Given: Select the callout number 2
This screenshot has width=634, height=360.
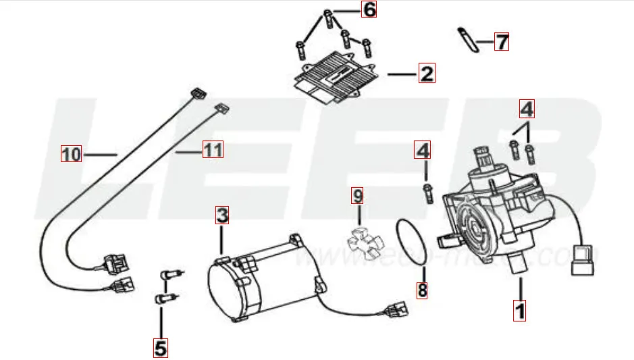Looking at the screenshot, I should [427, 73].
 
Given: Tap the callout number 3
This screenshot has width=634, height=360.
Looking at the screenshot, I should [223, 215].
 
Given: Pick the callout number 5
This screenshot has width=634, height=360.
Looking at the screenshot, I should [160, 348].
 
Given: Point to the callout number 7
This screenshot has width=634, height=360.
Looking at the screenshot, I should [500, 42].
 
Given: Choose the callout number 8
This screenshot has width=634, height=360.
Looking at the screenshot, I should [423, 291].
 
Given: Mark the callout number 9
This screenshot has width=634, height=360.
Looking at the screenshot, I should [358, 197].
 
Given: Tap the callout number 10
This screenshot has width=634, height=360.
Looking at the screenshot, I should [70, 155].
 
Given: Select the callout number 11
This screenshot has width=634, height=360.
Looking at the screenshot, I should [213, 149].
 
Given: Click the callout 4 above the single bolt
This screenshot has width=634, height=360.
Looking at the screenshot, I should [423, 149].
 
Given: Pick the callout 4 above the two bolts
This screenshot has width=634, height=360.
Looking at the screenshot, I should [527, 108].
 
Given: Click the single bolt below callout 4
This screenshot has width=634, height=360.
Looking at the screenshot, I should [427, 192].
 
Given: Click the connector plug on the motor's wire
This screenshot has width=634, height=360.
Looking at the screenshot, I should [396, 311].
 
